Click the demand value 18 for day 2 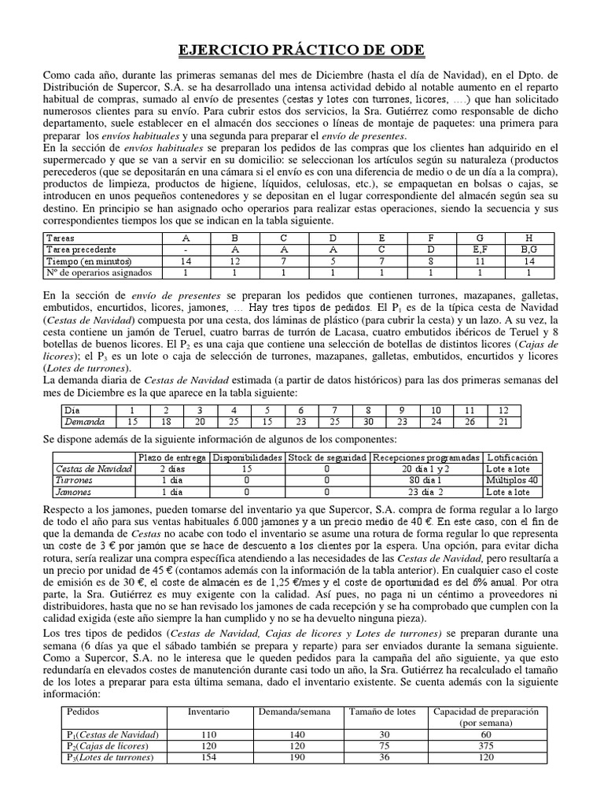click(x=166, y=422)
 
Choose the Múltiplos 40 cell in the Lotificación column click(x=512, y=479)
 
